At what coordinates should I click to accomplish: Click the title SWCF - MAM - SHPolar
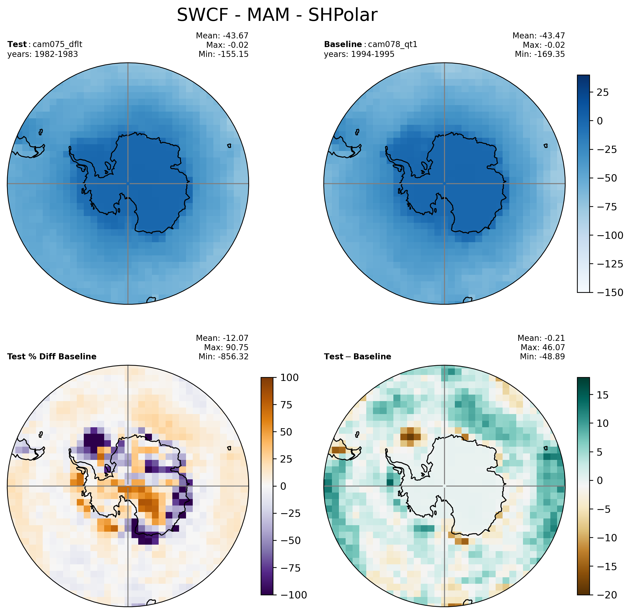pos(277,15)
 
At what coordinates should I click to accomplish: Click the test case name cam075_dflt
pos(57,44)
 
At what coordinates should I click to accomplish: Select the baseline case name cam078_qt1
pos(392,44)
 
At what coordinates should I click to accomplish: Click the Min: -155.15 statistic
pos(223,54)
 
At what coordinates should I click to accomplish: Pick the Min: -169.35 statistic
pos(540,54)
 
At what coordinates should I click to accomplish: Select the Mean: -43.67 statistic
pos(222,36)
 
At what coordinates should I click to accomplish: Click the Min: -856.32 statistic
pos(223,357)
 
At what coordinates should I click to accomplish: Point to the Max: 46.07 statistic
pos(543,347)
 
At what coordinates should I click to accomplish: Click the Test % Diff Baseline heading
pos(52,357)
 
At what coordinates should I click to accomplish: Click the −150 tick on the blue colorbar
pos(610,293)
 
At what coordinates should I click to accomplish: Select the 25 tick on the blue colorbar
pos(602,93)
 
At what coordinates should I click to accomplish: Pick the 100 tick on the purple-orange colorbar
pos(289,378)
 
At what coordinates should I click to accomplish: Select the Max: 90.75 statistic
pos(226,347)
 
